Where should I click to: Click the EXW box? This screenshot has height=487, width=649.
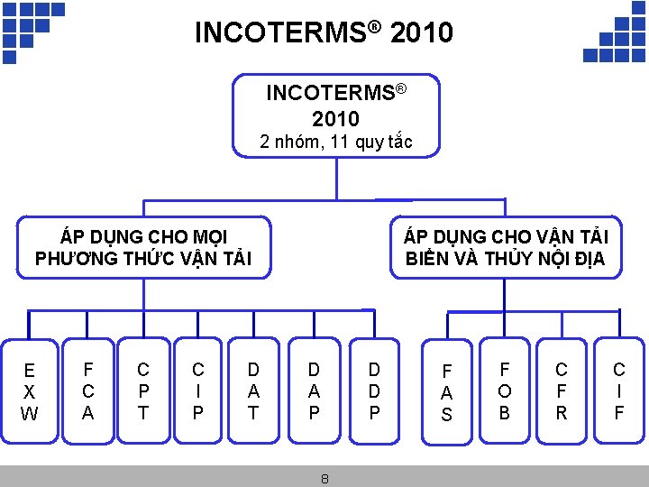(30, 391)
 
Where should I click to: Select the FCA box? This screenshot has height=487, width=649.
(87, 391)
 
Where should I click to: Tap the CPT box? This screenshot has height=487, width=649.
(142, 391)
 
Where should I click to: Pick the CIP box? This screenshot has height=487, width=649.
(198, 391)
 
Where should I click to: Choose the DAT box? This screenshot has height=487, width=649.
(253, 391)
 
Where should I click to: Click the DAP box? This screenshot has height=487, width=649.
(314, 391)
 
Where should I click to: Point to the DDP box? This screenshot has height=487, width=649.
(374, 391)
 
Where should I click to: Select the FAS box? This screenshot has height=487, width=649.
(446, 392)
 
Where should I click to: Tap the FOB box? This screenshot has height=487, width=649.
(505, 391)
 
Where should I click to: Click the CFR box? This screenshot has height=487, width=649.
(561, 391)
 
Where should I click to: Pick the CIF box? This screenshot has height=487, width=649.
(618, 391)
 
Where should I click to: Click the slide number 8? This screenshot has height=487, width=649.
(324, 479)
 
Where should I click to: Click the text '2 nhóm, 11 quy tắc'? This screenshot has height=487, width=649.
(336, 142)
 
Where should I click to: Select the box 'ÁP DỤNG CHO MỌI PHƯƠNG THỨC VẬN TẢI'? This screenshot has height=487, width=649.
(143, 248)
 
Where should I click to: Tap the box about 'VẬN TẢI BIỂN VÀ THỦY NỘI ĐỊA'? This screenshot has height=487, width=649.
(506, 248)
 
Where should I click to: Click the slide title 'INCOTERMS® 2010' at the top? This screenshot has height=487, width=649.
(324, 33)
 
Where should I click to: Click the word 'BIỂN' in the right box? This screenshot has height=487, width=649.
(424, 260)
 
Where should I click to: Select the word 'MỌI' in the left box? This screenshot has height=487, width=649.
(206, 237)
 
